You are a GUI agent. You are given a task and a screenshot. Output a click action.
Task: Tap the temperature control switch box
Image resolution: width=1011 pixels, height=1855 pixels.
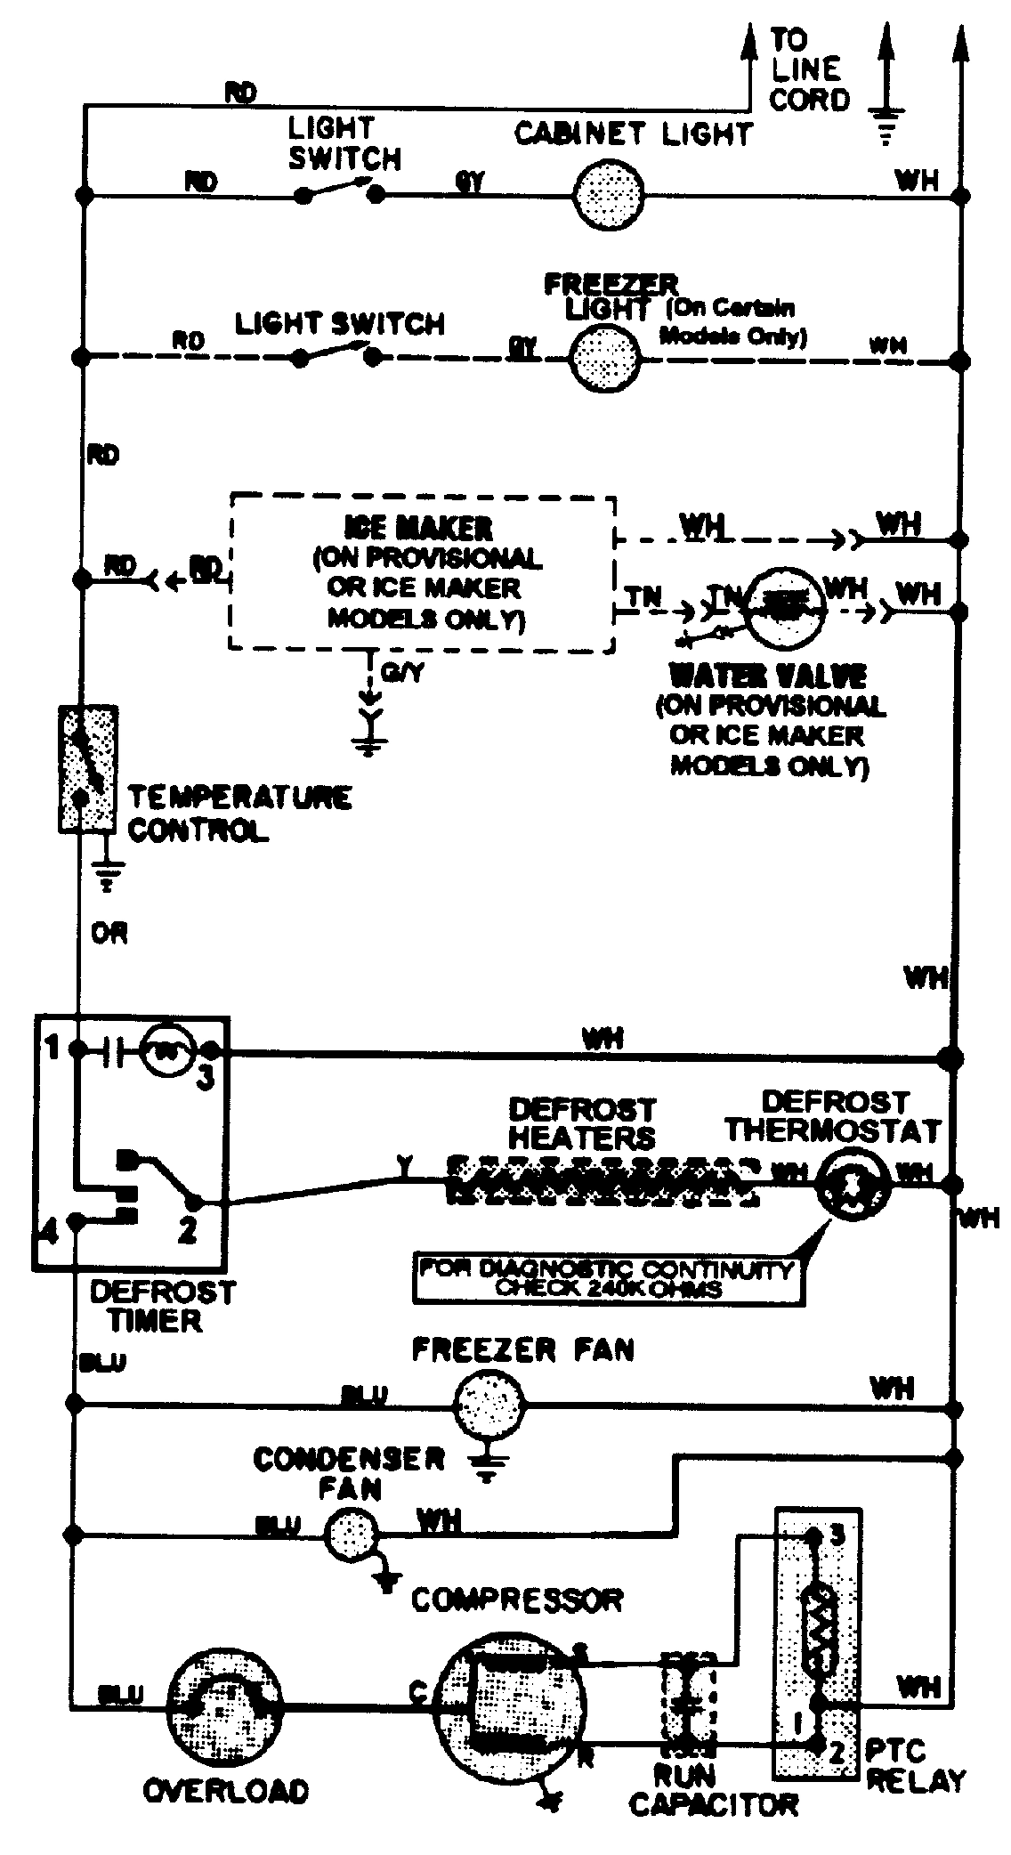tap(87, 769)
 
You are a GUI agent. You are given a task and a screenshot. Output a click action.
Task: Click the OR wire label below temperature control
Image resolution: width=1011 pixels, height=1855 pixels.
tap(109, 934)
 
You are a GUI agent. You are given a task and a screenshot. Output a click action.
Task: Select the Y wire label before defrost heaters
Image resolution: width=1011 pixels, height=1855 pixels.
tap(405, 1163)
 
